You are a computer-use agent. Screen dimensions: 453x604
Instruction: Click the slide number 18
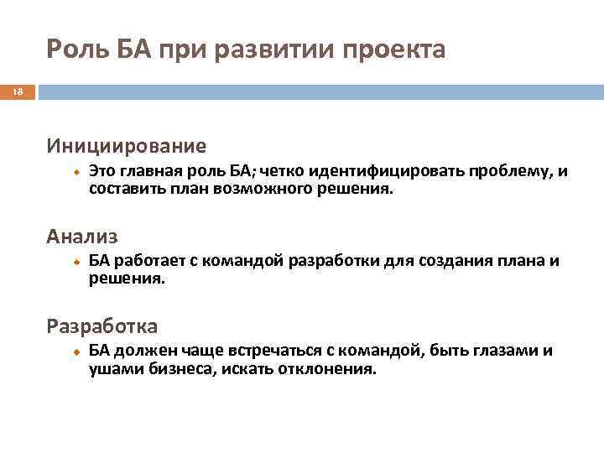pyautogui.click(x=15, y=92)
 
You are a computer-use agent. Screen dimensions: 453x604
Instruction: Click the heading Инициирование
pyautogui.click(x=127, y=146)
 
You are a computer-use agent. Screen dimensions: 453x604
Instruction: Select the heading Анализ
pyautogui.click(x=83, y=237)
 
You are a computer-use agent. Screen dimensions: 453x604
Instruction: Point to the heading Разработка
pyautogui.click(x=102, y=325)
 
